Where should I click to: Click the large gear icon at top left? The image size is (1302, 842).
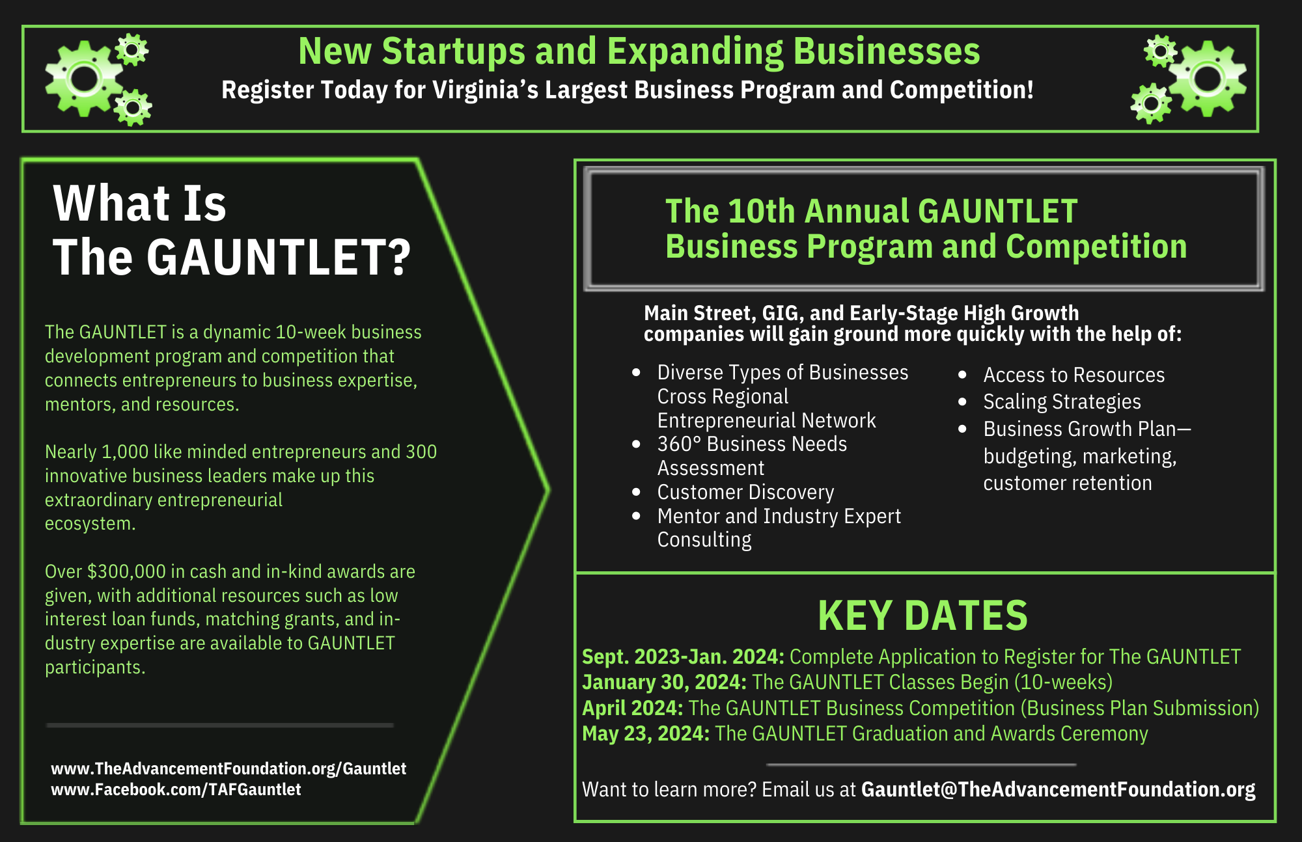(x=83, y=79)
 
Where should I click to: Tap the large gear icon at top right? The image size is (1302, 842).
(x=1208, y=79)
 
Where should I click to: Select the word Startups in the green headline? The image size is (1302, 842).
(x=453, y=51)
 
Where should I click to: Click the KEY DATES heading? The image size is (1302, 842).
(x=922, y=616)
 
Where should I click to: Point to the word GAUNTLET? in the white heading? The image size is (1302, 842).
(x=279, y=257)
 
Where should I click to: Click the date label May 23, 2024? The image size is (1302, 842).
(x=645, y=733)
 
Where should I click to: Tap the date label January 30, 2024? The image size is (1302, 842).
(x=664, y=682)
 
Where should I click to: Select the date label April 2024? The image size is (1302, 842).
(x=632, y=708)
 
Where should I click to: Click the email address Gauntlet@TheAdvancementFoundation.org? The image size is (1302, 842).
(x=1058, y=789)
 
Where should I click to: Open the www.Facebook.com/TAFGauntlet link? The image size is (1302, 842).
(x=176, y=789)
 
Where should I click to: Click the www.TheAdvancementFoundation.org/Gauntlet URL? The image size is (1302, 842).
(x=229, y=768)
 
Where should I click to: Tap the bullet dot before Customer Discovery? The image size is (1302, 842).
(x=637, y=492)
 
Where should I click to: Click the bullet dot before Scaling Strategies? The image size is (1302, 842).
(x=962, y=402)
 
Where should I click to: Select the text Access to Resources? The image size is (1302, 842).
(x=1073, y=375)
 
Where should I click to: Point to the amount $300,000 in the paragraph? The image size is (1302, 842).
(x=126, y=571)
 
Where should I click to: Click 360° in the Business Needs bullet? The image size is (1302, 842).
(x=678, y=444)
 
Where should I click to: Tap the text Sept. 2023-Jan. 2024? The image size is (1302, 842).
(x=683, y=657)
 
